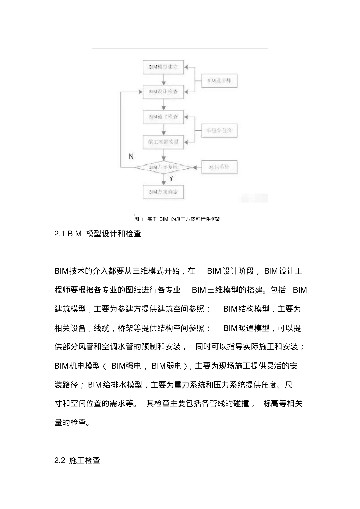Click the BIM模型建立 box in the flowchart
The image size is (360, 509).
(x=163, y=66)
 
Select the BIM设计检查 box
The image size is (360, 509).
(x=163, y=92)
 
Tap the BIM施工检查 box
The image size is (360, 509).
(x=163, y=117)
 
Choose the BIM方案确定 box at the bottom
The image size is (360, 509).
(x=163, y=191)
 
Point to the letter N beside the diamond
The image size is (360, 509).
(x=131, y=156)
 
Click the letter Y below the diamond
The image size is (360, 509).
(x=171, y=178)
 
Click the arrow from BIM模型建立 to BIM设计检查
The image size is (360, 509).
(x=163, y=79)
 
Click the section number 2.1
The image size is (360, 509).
(x=60, y=233)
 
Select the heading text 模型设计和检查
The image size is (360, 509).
(x=113, y=233)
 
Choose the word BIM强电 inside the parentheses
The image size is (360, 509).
(x=127, y=365)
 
